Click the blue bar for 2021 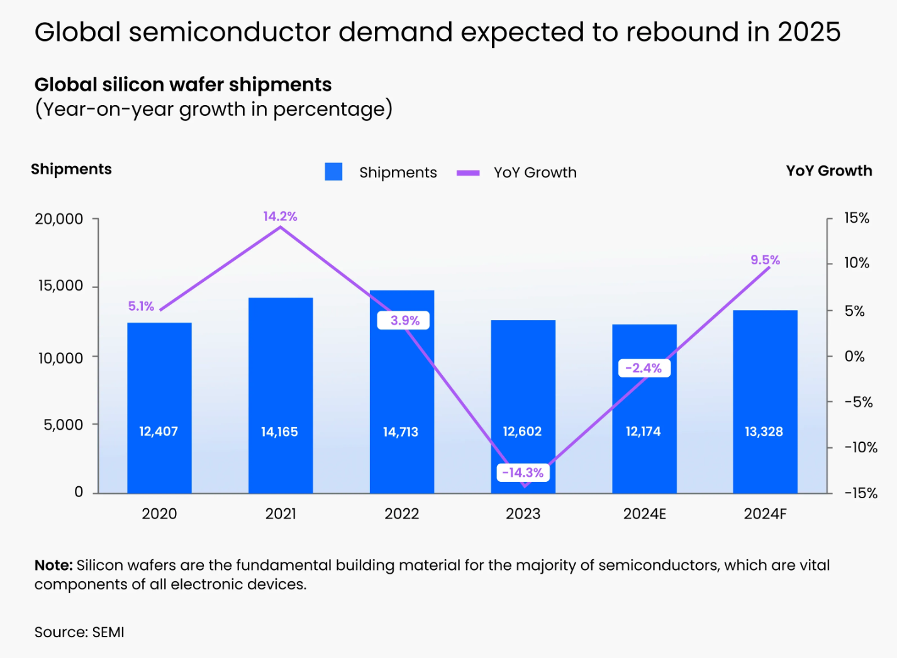[x=281, y=377]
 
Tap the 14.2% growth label [x=280, y=216]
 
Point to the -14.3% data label [x=523, y=472]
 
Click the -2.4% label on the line [x=643, y=368]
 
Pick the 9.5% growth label [x=765, y=260]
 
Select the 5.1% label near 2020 [x=141, y=306]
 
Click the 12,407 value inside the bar [x=159, y=432]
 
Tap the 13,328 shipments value [x=764, y=432]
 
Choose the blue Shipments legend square [x=333, y=172]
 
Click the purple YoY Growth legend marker [x=468, y=172]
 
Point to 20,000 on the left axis [x=59, y=219]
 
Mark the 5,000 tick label [x=63, y=425]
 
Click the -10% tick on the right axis [x=860, y=447]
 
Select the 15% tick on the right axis [x=856, y=218]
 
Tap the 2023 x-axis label [x=523, y=514]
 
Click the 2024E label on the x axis [x=644, y=514]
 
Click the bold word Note [x=52, y=565]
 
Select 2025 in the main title [x=809, y=32]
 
